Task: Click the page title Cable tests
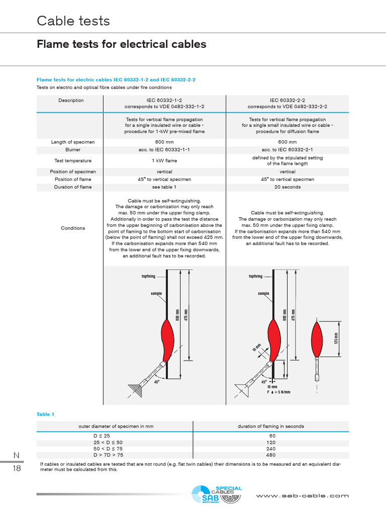point(73,21)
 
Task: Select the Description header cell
point(71,101)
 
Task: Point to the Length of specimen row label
point(73,142)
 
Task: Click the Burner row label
point(73,150)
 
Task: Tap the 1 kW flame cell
point(164,161)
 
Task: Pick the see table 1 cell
point(164,187)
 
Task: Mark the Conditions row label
point(73,228)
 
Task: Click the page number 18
point(17,468)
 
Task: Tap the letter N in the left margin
point(16,455)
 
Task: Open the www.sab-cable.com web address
point(302,496)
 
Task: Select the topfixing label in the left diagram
point(148,276)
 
